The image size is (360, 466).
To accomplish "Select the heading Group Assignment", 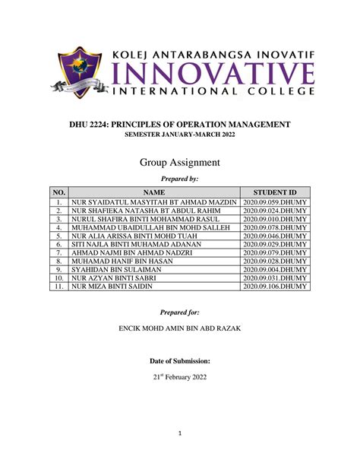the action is click(x=180, y=162).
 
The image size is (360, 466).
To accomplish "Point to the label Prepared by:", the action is click(x=180, y=179).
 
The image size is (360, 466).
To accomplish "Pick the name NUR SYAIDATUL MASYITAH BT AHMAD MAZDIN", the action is click(x=154, y=202).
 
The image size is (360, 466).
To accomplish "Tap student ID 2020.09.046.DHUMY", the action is click(x=276, y=236).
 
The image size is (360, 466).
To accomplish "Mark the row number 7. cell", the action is click(x=58, y=252).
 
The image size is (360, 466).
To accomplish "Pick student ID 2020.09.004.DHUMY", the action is click(x=276, y=269).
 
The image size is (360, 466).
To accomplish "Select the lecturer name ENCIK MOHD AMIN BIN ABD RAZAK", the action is click(x=180, y=330).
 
